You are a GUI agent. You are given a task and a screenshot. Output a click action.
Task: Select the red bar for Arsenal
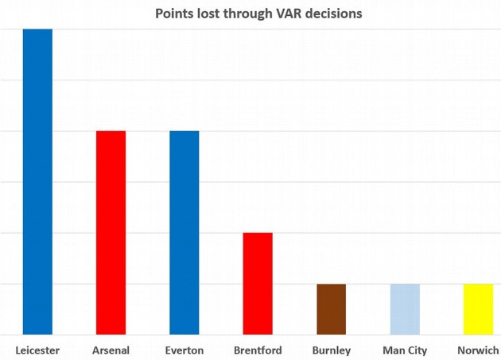pos(111,232)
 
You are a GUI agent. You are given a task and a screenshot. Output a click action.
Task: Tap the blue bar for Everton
pos(184,232)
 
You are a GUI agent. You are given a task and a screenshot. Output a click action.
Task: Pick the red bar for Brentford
pos(258,283)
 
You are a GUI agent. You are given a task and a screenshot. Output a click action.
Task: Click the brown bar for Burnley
pos(331,308)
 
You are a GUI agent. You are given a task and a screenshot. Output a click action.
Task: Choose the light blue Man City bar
pos(404,308)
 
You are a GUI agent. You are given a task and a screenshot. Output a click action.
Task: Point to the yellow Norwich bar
pos(478,308)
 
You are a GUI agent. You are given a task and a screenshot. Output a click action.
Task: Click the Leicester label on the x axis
pos(37,350)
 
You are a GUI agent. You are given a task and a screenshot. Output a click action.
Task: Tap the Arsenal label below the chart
pos(111,350)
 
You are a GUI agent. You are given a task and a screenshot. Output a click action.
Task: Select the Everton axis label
pos(184,350)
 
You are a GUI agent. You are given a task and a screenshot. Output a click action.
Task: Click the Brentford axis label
pos(258,350)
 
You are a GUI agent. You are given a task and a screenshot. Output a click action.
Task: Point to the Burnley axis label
pos(331,350)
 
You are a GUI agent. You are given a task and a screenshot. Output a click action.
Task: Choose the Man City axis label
pos(405,350)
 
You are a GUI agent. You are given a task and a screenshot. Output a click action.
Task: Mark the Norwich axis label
pos(478,350)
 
